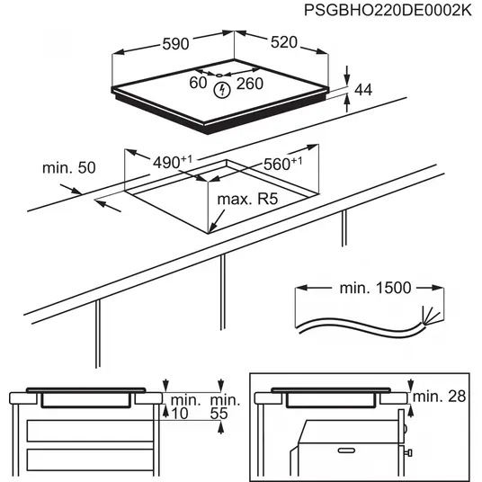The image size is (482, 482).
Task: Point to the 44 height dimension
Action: click(363, 89)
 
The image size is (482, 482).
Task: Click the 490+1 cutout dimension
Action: click(172, 162)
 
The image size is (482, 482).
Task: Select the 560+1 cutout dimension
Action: click(281, 164)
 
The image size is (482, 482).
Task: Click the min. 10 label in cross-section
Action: click(186, 406)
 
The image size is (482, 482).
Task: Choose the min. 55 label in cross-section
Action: click(224, 406)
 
